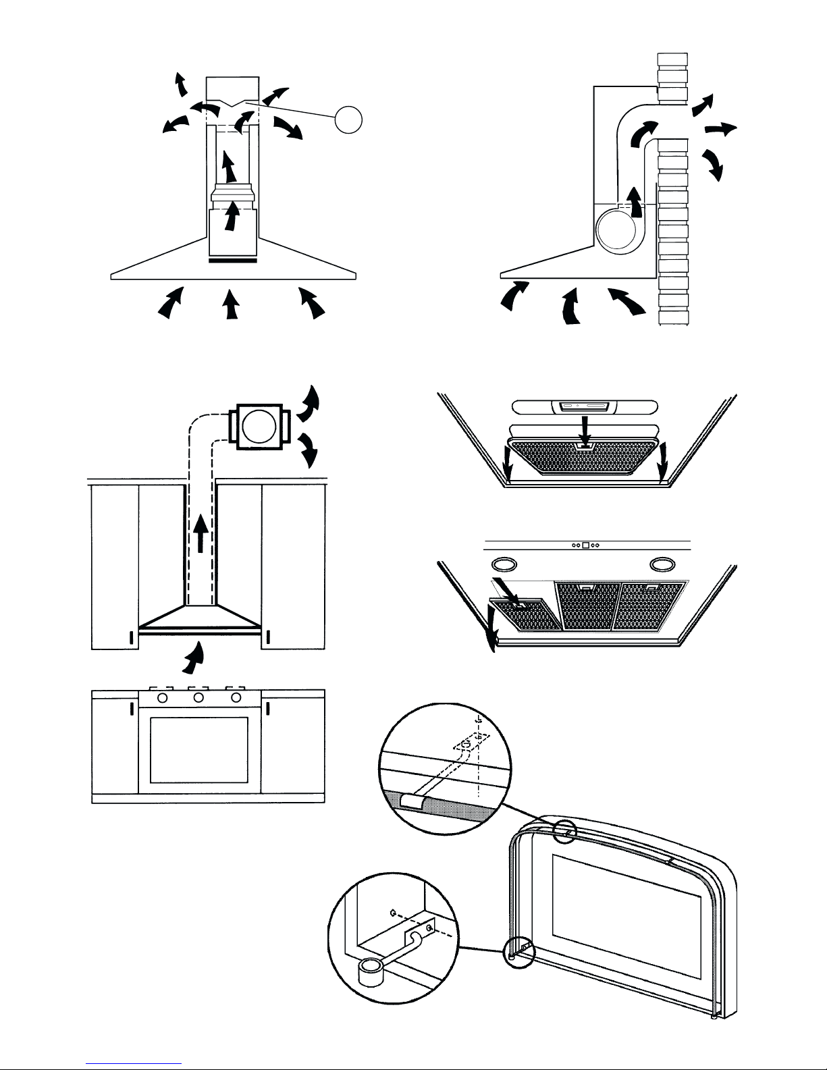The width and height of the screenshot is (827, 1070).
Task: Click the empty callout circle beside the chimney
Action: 349,120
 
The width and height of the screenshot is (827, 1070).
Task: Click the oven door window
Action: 200,749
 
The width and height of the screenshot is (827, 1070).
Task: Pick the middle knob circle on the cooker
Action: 199,697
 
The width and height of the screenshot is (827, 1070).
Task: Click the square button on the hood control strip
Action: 586,545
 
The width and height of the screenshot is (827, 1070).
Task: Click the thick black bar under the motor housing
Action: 232,260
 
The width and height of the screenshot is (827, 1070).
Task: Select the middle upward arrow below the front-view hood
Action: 231,304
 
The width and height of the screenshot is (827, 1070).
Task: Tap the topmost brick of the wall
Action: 672,60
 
